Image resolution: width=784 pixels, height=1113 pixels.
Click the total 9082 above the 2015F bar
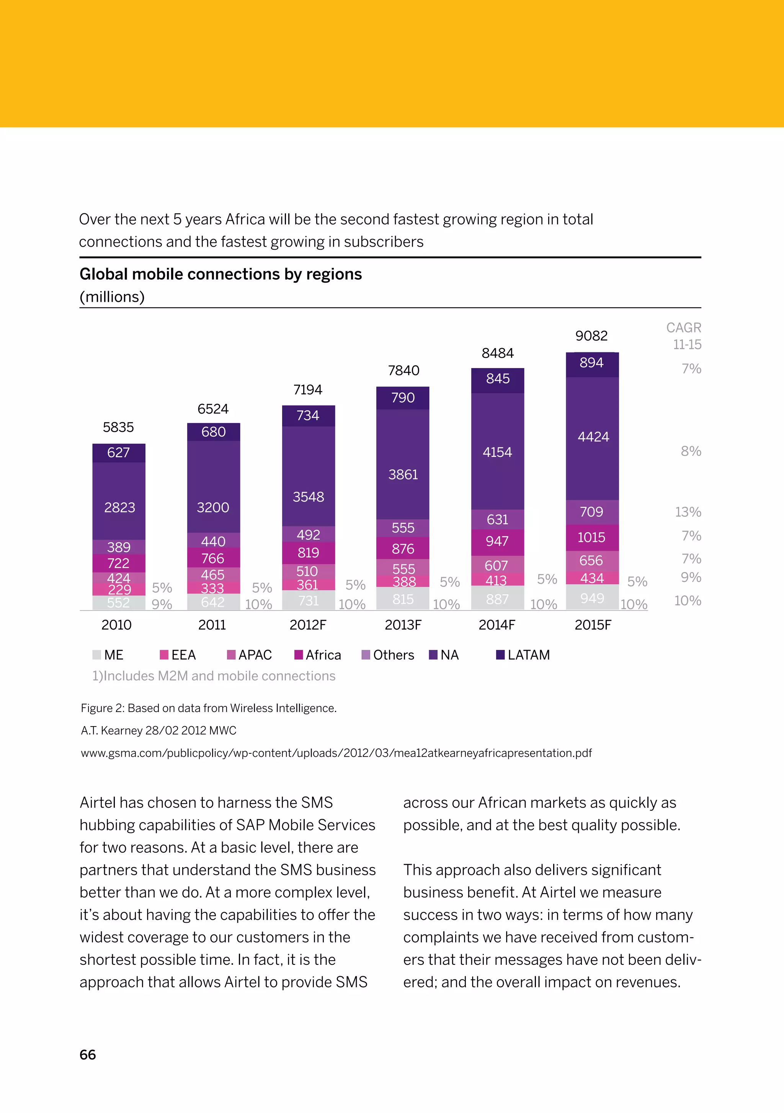coord(591,336)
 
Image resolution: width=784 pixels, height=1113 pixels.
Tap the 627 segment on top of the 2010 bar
coord(118,453)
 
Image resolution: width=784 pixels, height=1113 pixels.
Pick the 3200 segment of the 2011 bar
coord(213,507)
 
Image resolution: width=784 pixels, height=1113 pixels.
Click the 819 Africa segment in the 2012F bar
coord(308,553)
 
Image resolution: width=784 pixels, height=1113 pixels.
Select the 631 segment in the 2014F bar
coord(497,520)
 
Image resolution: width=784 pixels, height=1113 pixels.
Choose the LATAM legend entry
coord(523,655)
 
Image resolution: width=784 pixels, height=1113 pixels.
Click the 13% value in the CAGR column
coord(688,512)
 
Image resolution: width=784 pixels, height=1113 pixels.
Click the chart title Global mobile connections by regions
coord(220,274)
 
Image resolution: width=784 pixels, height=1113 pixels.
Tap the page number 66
coord(88,1055)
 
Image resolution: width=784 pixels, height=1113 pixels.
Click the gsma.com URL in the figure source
coord(336,753)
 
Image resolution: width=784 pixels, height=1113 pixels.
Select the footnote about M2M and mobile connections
coord(214,676)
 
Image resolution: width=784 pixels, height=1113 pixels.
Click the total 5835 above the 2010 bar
coord(118,427)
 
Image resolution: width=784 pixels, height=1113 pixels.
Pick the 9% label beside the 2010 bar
coord(162,604)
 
